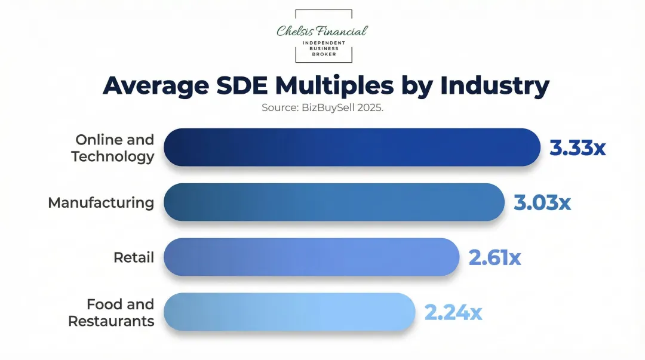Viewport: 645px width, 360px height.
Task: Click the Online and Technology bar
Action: (x=351, y=147)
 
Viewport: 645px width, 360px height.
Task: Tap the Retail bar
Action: (x=311, y=257)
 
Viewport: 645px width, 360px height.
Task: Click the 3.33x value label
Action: (x=578, y=147)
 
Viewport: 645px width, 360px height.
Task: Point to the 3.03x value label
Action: (x=542, y=202)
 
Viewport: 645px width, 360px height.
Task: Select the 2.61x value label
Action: (x=494, y=257)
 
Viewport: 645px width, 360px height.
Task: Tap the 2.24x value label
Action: (x=453, y=312)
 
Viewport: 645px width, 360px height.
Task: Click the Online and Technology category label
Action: (x=113, y=148)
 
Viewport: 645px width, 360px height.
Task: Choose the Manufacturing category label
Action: (x=101, y=202)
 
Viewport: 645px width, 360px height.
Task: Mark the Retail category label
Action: (x=134, y=257)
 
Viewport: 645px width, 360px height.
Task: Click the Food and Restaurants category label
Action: (x=112, y=313)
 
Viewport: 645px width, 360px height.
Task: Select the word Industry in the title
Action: (x=494, y=86)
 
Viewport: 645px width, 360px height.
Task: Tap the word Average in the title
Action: (x=152, y=86)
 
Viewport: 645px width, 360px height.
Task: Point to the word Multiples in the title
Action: (x=334, y=86)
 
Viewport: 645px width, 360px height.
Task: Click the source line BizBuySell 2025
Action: (x=322, y=108)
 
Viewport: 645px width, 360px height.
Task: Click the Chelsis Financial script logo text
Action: (x=322, y=31)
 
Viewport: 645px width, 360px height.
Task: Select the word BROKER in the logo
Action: (x=324, y=54)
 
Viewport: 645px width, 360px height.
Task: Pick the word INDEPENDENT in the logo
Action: (x=324, y=43)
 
